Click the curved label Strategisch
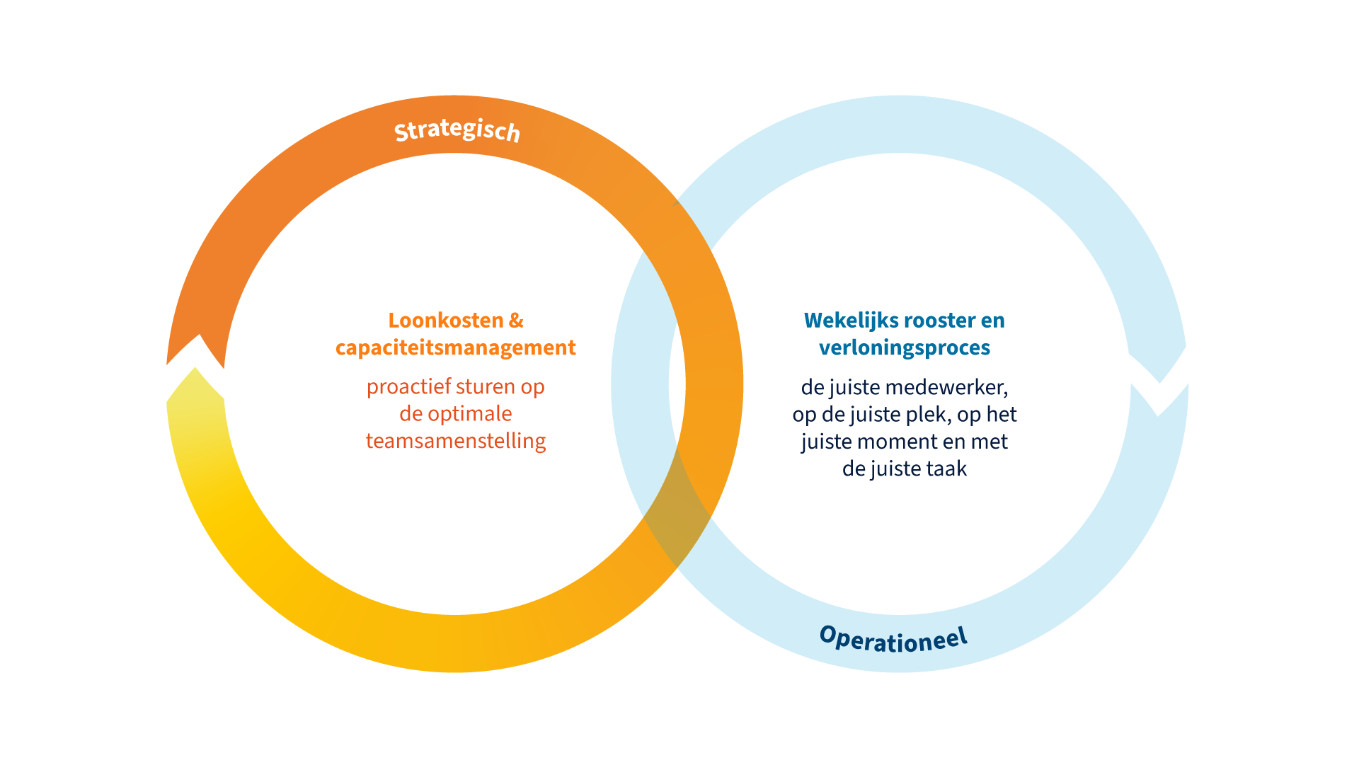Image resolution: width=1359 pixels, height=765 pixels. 457,130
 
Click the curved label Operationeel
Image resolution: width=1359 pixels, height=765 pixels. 893,639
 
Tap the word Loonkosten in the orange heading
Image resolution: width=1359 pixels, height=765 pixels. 446,321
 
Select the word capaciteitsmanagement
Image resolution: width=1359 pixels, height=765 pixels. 455,348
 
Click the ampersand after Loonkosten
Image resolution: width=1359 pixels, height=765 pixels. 517,321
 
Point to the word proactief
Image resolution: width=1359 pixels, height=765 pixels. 408,387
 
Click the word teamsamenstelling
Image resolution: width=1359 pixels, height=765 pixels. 456,441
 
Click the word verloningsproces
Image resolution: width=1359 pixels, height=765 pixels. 905,348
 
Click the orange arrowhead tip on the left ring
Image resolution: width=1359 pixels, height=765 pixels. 200,335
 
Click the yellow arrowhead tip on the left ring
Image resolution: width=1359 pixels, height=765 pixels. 195,368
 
